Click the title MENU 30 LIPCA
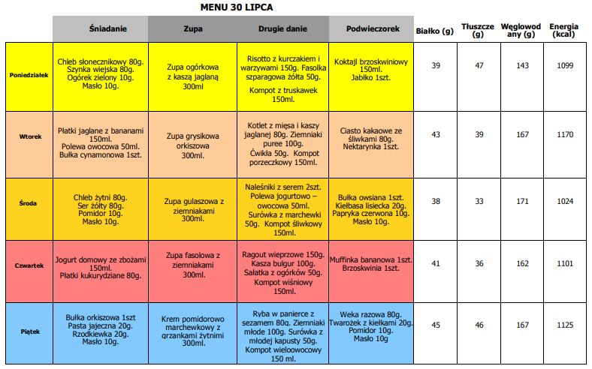pyautogui.click(x=237, y=7)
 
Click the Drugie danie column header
pyautogui.click(x=282, y=28)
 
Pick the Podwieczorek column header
pyautogui.click(x=371, y=28)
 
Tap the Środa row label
pyautogui.click(x=29, y=202)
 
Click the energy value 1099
pyautogui.click(x=565, y=66)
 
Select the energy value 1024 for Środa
pyautogui.click(x=565, y=201)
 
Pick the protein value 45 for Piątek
pyautogui.click(x=436, y=325)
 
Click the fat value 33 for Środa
pyautogui.click(x=479, y=201)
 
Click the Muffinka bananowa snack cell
pyautogui.click(x=371, y=263)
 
